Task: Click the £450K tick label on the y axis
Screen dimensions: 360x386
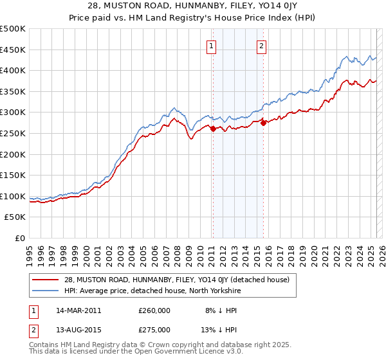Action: point(13,50)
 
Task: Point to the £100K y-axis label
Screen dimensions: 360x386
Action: point(13,196)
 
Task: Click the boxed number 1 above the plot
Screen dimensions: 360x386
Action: point(212,45)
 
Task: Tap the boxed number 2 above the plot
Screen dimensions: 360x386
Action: point(262,45)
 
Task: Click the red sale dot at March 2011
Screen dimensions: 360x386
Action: point(213,129)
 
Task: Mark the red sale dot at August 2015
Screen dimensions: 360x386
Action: point(263,123)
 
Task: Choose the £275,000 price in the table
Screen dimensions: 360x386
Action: point(154,330)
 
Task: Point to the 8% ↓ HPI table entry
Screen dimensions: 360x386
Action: point(218,310)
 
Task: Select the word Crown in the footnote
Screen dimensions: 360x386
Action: point(154,345)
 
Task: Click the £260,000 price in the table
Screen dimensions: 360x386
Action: point(154,310)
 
